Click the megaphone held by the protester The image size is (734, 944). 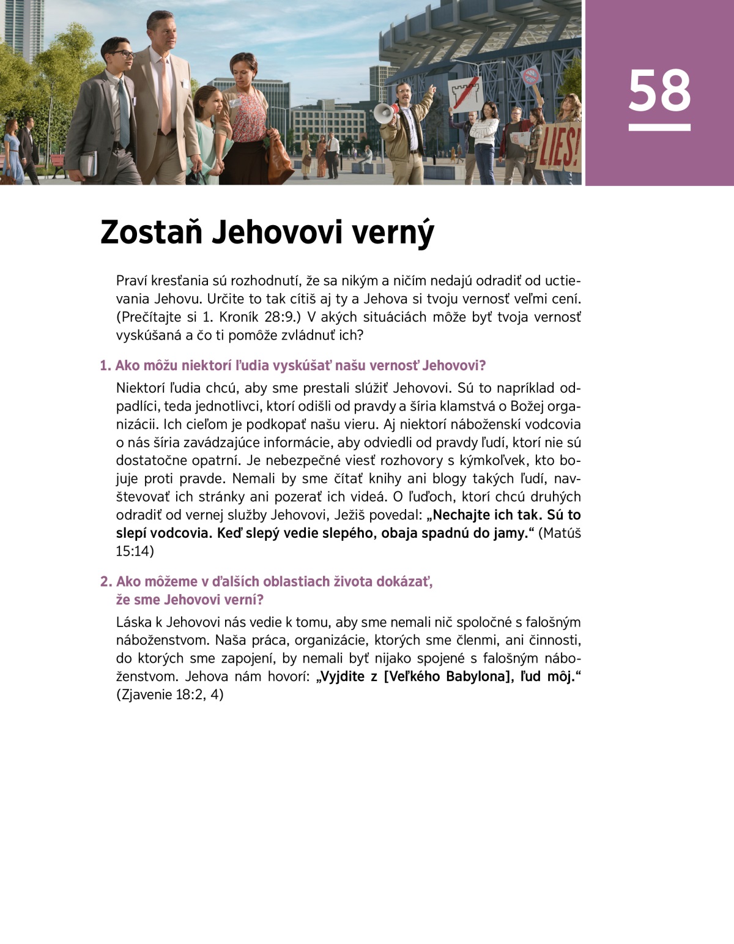click(384, 114)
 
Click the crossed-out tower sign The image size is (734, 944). click(465, 93)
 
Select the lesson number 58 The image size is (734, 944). click(659, 91)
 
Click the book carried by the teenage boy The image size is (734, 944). click(88, 163)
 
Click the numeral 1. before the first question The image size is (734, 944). click(106, 366)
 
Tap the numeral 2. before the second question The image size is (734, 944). click(106, 582)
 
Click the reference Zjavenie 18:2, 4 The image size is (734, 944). click(169, 695)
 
